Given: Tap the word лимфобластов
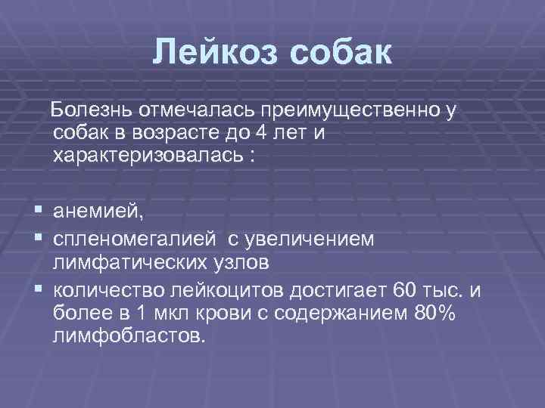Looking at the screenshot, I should (x=129, y=335).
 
